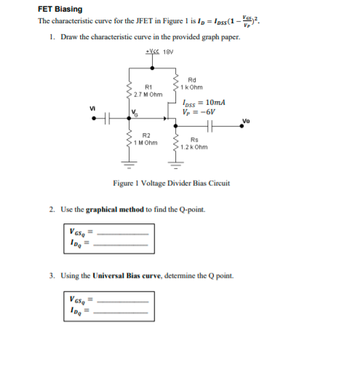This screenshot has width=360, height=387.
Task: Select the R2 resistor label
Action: pos(146,135)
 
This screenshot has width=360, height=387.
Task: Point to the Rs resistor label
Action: pos(194,140)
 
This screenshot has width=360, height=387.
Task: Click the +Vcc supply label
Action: pos(153,51)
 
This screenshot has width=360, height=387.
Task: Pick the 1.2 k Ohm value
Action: pos(198,147)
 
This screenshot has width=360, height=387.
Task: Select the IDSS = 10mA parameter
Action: pos(208,103)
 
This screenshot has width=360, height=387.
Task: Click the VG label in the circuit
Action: pos(134,111)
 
